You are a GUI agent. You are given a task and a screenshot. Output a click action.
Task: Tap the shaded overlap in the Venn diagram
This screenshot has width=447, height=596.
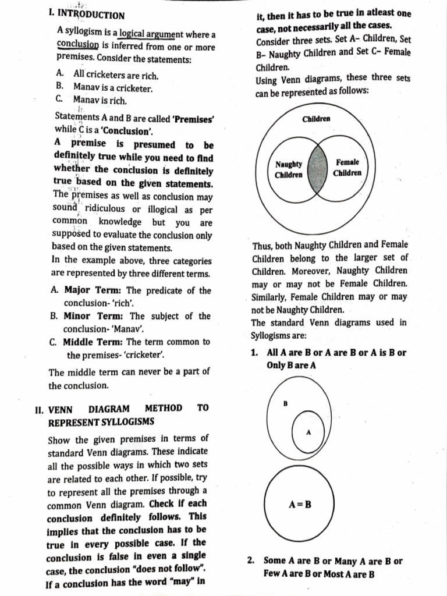coord(318,169)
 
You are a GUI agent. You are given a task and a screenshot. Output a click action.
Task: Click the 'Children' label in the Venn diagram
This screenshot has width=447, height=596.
coord(317,119)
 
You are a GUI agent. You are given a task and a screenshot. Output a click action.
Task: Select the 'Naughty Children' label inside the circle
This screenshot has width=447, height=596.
coord(289,169)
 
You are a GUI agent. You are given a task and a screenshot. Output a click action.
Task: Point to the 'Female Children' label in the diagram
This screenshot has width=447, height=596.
coord(347,167)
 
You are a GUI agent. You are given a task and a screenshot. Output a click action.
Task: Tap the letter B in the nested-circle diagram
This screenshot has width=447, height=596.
coord(285,403)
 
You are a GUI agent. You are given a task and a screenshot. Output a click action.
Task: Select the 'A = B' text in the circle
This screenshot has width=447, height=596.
coord(300,504)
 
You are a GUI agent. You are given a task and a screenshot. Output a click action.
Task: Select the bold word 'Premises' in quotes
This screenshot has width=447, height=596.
coord(194,118)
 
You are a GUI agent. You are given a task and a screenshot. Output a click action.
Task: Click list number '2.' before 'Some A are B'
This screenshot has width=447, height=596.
coord(251,561)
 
